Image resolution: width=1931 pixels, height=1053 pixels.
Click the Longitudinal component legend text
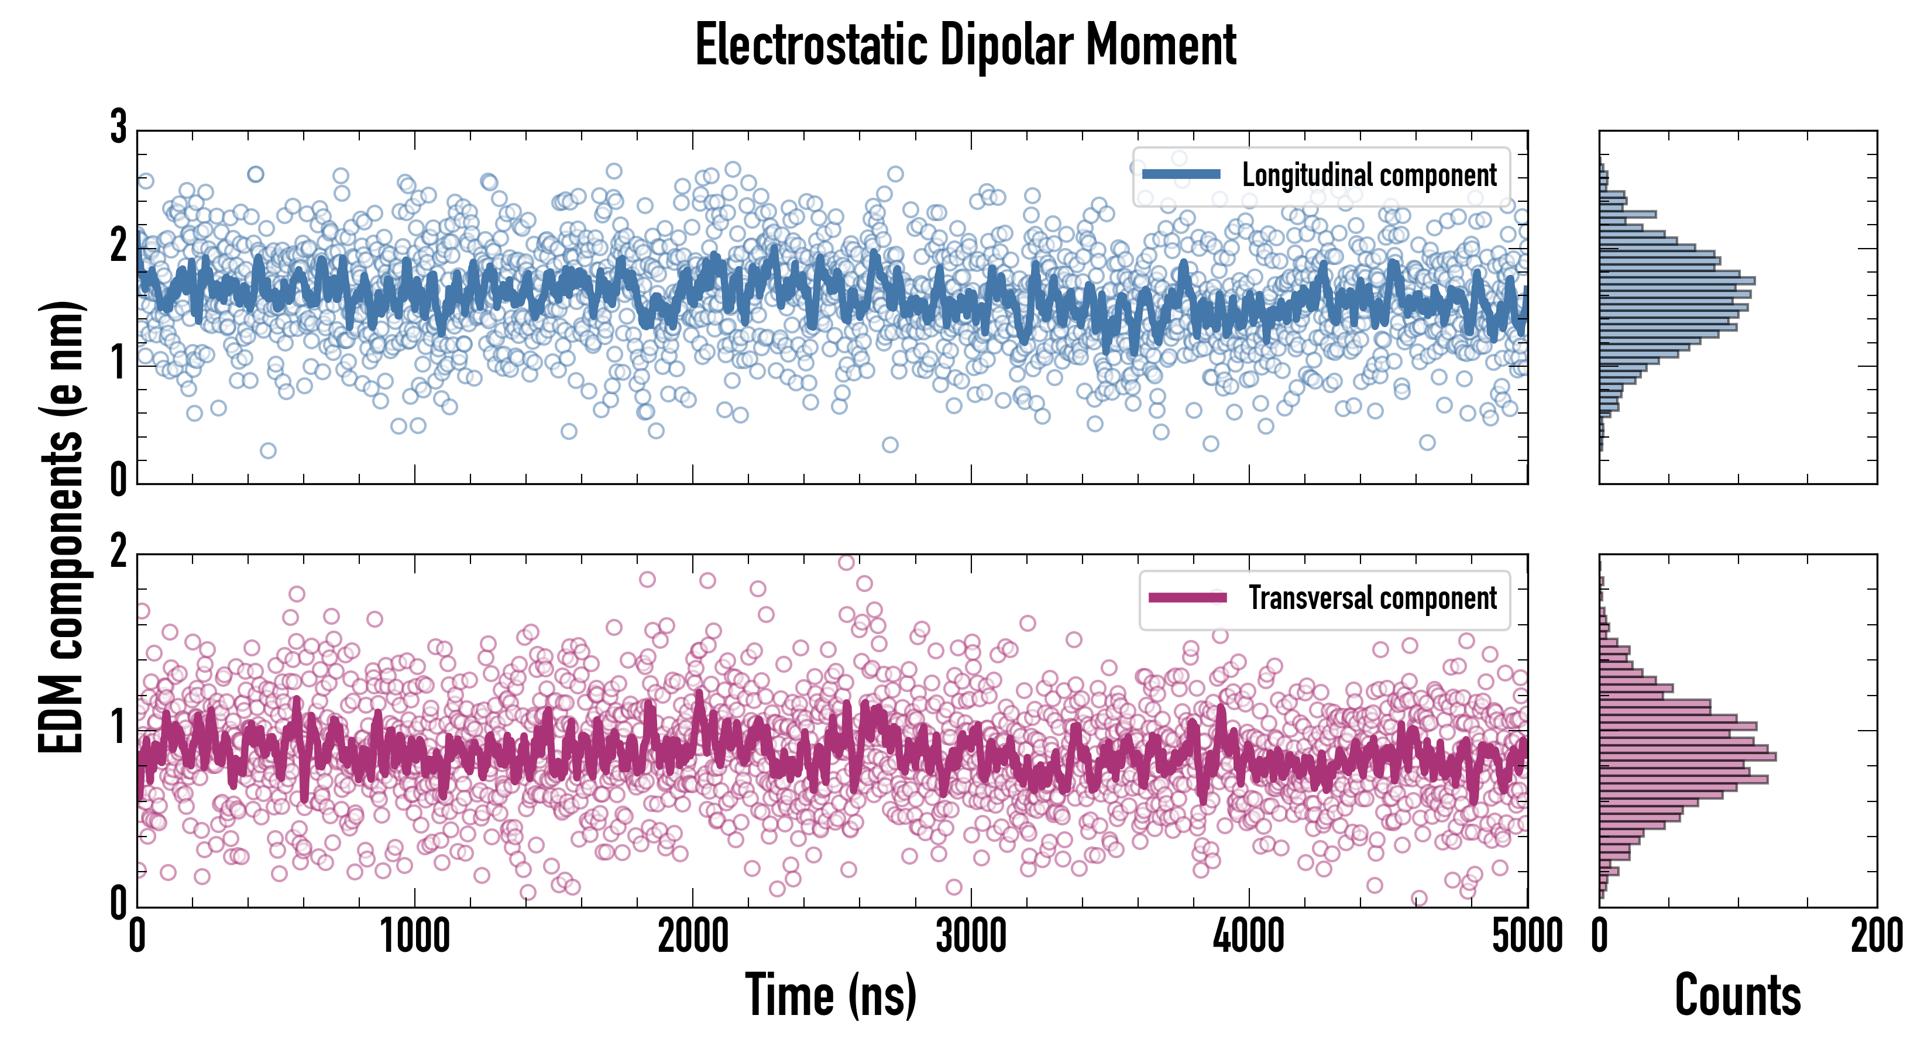pyautogui.click(x=1369, y=175)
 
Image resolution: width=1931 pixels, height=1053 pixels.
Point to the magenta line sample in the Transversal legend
pyautogui.click(x=1187, y=597)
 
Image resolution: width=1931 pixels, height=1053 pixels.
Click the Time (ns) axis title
pyautogui.click(x=830, y=994)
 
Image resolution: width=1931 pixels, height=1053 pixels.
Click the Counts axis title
pyautogui.click(x=1737, y=994)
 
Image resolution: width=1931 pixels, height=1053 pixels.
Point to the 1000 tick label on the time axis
pyautogui.click(x=414, y=936)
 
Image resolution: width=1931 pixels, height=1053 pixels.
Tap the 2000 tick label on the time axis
pyautogui.click(x=693, y=936)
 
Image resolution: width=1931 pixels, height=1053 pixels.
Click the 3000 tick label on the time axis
pyautogui.click(x=971, y=936)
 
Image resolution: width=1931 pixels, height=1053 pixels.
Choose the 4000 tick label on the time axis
pyautogui.click(x=1249, y=936)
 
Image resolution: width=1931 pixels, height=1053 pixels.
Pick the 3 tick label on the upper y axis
pyautogui.click(x=118, y=128)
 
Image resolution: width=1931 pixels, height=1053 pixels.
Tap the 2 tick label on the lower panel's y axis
pyautogui.click(x=118, y=552)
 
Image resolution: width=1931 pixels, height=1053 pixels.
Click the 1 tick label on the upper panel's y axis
pyautogui.click(x=118, y=363)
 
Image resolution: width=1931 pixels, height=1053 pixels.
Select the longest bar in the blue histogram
pyautogui.click(x=1677, y=281)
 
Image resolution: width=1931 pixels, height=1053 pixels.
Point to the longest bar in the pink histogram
pyautogui.click(x=1688, y=756)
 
